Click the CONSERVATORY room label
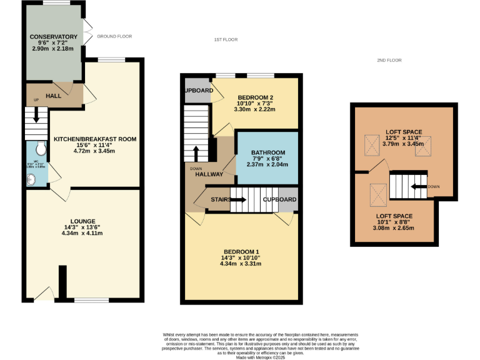[53, 36]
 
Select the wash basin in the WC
[32, 179]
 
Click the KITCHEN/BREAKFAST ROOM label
[95, 139]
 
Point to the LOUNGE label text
[83, 221]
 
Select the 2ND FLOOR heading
[389, 61]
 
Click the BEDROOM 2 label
[256, 97]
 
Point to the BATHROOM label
[268, 152]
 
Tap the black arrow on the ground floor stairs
[36, 116]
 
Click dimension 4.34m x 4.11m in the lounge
[83, 233]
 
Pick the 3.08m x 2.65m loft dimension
[394, 228]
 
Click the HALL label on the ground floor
[53, 96]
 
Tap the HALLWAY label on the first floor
[209, 174]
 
